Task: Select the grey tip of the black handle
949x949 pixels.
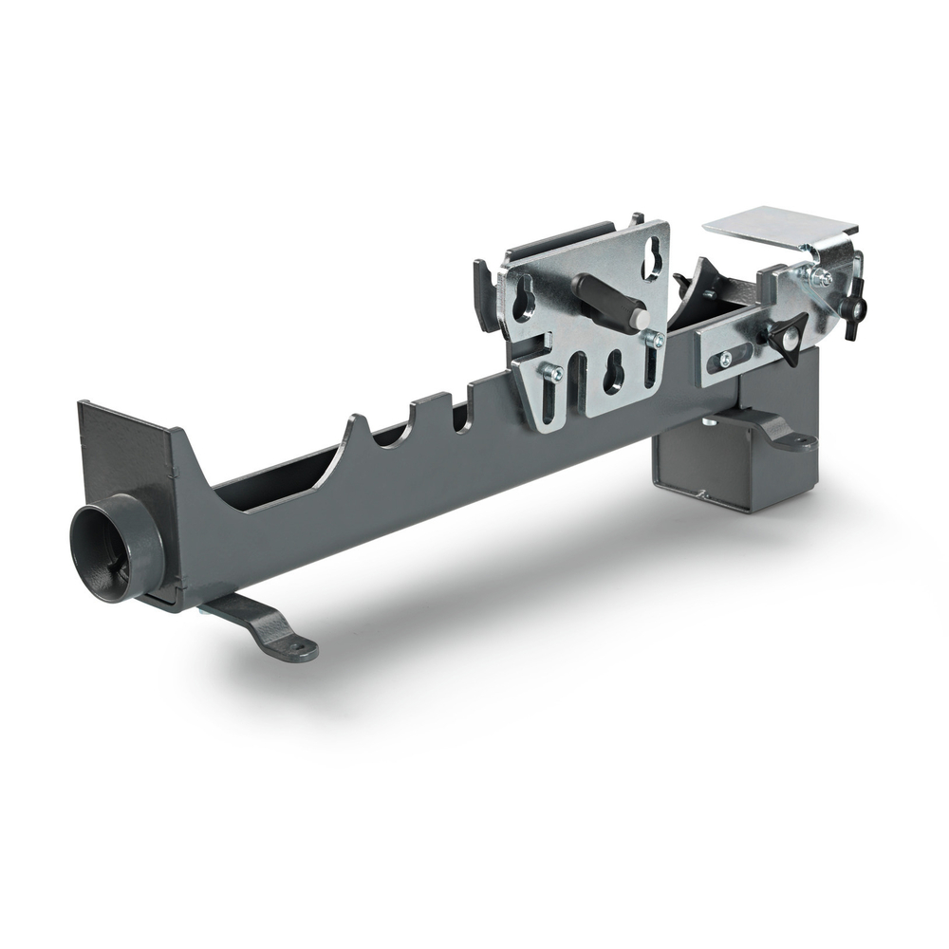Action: (x=640, y=318)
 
